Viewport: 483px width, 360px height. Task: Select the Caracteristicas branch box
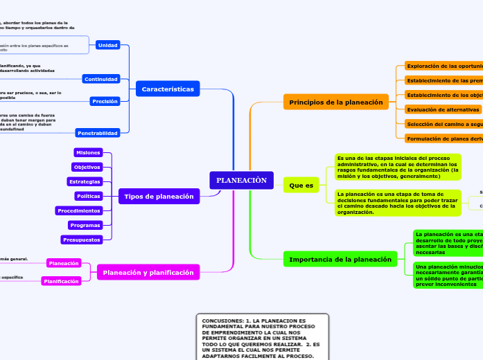(x=168, y=89)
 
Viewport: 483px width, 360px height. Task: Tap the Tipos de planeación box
(x=159, y=197)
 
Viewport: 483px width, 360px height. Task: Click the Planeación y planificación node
(x=148, y=273)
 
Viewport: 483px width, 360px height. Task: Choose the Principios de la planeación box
(x=336, y=102)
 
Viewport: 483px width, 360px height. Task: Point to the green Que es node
(x=301, y=186)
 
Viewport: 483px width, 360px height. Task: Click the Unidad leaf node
(x=108, y=45)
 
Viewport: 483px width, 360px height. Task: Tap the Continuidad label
(x=101, y=79)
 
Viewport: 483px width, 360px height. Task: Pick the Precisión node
(x=105, y=101)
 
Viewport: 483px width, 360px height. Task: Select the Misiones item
(x=88, y=152)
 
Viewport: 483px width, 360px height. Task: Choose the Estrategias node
(x=85, y=181)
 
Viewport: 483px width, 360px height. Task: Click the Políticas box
(x=89, y=196)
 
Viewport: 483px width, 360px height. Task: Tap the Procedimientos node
(x=79, y=210)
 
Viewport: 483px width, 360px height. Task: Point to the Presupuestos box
(x=82, y=240)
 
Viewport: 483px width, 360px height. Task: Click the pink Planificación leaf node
(x=61, y=281)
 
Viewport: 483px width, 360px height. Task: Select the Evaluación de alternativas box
(x=443, y=109)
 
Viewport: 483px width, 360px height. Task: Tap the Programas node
(x=85, y=225)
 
